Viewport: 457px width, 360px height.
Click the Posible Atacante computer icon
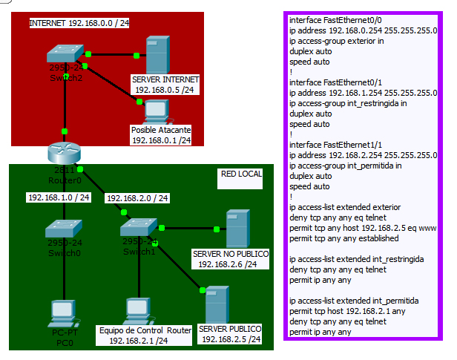156,111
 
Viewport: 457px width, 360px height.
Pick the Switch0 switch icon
64,229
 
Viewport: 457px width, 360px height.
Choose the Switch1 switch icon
139,228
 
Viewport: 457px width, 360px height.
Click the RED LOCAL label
242,174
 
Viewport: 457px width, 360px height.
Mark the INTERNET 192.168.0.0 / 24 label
79,23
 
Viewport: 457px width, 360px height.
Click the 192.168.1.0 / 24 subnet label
59,197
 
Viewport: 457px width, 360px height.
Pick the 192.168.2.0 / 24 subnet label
138,198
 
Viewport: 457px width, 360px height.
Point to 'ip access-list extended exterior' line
345,206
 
